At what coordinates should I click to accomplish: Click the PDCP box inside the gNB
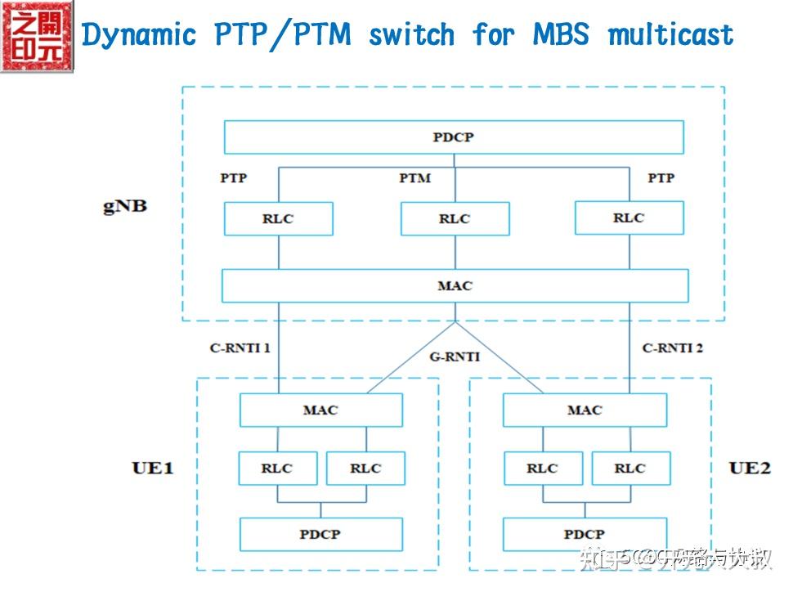[454, 137]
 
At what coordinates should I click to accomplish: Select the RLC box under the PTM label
[455, 219]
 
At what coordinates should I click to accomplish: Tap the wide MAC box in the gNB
[455, 286]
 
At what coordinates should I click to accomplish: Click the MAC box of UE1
[320, 410]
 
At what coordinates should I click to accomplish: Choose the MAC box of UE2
[585, 410]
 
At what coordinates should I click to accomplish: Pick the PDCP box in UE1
[320, 535]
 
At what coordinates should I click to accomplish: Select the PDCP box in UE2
[585, 535]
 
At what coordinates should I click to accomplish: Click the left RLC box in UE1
[276, 469]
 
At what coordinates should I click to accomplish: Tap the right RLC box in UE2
[629, 469]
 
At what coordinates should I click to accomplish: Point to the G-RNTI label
[455, 357]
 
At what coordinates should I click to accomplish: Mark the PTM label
[414, 177]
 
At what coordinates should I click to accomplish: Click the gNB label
[125, 205]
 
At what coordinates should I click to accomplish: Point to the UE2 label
[750, 468]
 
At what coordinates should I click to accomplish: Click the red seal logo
[37, 37]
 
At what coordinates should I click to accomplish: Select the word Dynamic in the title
[140, 35]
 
